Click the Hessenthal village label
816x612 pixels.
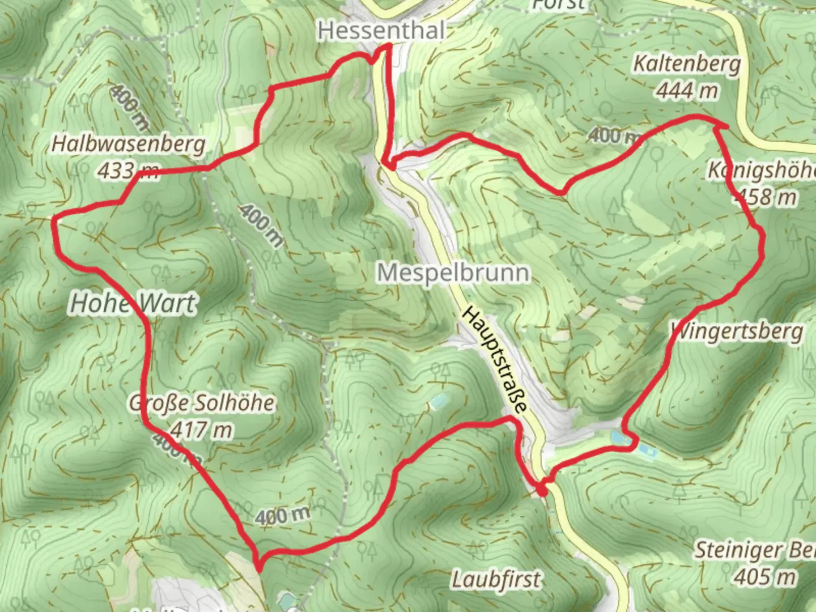coord(381,30)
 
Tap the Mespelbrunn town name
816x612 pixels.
coord(453,273)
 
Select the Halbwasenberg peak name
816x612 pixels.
coord(128,144)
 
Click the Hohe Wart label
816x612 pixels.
coord(133,304)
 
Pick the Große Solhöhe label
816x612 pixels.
coord(202,403)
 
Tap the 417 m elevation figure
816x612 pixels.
coord(201,430)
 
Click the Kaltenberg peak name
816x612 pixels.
coord(686,64)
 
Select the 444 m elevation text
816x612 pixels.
coord(687,90)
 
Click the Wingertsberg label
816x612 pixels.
coord(737,331)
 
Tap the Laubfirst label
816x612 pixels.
coord(496,580)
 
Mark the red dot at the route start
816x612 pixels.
coord(542,491)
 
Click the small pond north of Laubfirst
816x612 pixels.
coord(437,402)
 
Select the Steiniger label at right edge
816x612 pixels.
coord(754,550)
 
